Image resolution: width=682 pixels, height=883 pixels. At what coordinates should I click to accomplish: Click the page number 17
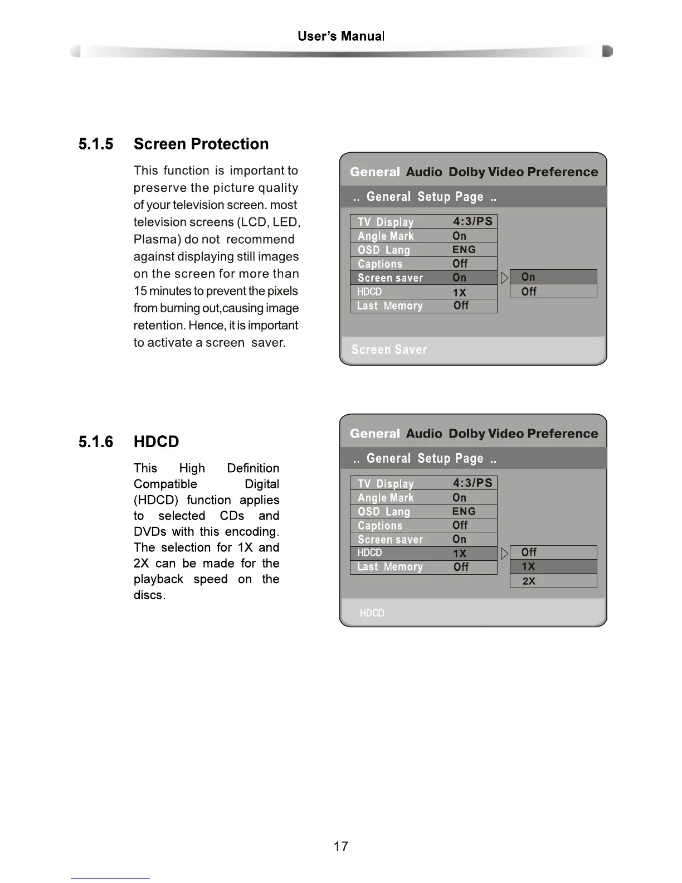tap(340, 846)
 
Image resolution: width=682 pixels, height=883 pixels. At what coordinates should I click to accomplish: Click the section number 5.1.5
tap(96, 144)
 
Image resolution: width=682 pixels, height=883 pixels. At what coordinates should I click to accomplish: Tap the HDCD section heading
tap(156, 441)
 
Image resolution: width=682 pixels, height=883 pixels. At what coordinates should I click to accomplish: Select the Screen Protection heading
tap(201, 144)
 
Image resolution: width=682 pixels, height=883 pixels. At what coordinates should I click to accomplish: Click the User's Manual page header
tap(341, 37)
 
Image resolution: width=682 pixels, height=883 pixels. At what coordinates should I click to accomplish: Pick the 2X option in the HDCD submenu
tap(529, 581)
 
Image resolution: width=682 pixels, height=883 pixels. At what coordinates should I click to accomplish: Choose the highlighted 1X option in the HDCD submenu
tap(528, 566)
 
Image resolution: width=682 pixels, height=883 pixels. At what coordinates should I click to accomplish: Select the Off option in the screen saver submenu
tap(529, 292)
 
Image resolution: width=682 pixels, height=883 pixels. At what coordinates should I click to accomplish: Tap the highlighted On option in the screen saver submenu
tap(528, 277)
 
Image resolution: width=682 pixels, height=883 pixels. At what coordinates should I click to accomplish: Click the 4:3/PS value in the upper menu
tap(472, 221)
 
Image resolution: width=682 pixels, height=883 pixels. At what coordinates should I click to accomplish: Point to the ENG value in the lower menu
tap(464, 511)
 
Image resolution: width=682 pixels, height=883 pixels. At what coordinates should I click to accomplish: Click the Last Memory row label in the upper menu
tap(389, 306)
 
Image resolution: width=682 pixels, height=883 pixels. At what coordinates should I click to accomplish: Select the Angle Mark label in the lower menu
tap(386, 498)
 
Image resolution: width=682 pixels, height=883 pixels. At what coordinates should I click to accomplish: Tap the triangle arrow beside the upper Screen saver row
tap(504, 278)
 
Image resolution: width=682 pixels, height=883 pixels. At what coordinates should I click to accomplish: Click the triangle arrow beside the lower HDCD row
tap(504, 553)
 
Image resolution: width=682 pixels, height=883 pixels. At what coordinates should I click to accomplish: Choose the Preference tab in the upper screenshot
tap(562, 172)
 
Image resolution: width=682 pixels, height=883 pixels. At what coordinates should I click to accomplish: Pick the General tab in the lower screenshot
tap(374, 434)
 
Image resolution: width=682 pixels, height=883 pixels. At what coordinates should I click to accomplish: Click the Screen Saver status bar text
tap(389, 350)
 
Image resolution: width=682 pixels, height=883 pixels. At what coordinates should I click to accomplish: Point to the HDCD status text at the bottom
tap(372, 613)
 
